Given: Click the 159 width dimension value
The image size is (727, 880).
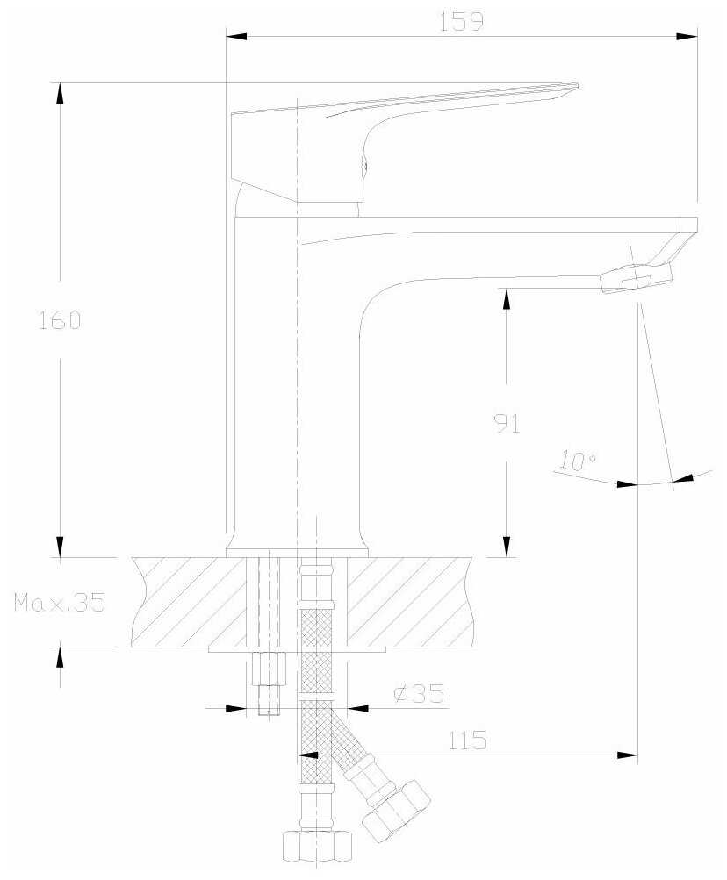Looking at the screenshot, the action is coord(461,21).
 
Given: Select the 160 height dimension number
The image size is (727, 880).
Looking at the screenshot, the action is coord(60,320).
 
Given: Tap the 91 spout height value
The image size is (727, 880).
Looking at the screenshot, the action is coord(507,424).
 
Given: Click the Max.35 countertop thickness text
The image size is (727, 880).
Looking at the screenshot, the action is coord(60,602).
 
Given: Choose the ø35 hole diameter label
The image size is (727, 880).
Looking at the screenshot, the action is coord(419,694).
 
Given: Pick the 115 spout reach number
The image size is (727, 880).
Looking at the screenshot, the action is coord(467,740).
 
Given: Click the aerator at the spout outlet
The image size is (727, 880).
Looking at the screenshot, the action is coord(636,278).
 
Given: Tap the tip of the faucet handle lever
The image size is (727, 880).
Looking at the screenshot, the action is coord(577,86).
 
